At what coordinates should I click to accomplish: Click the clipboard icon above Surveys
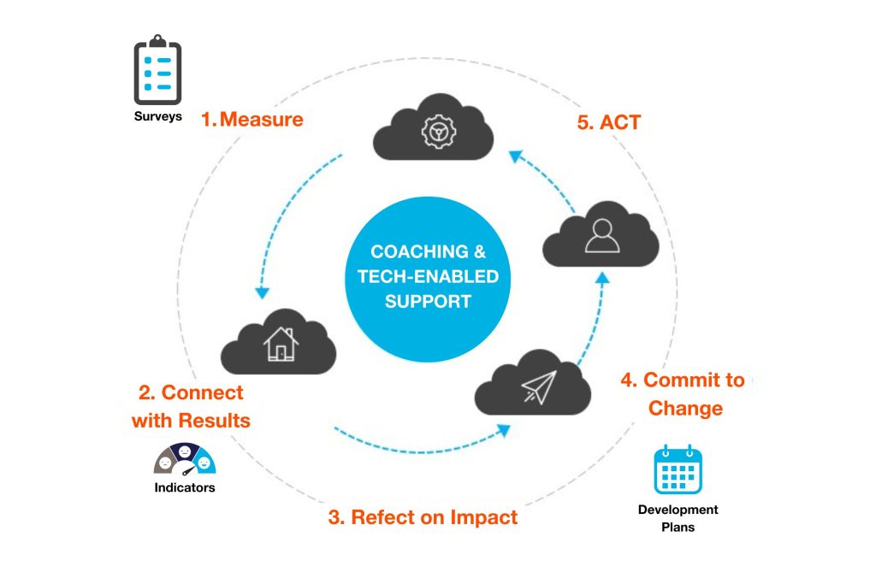(x=158, y=70)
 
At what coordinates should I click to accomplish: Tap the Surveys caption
(x=158, y=116)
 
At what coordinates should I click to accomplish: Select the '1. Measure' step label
(x=252, y=120)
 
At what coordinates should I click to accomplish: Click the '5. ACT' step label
(x=608, y=122)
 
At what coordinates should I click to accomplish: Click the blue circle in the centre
(x=428, y=278)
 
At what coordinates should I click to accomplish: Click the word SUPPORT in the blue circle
(x=428, y=302)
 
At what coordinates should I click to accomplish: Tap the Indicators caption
(x=185, y=488)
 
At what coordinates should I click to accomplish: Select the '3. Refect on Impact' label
(x=423, y=517)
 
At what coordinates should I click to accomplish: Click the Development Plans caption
(x=678, y=518)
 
